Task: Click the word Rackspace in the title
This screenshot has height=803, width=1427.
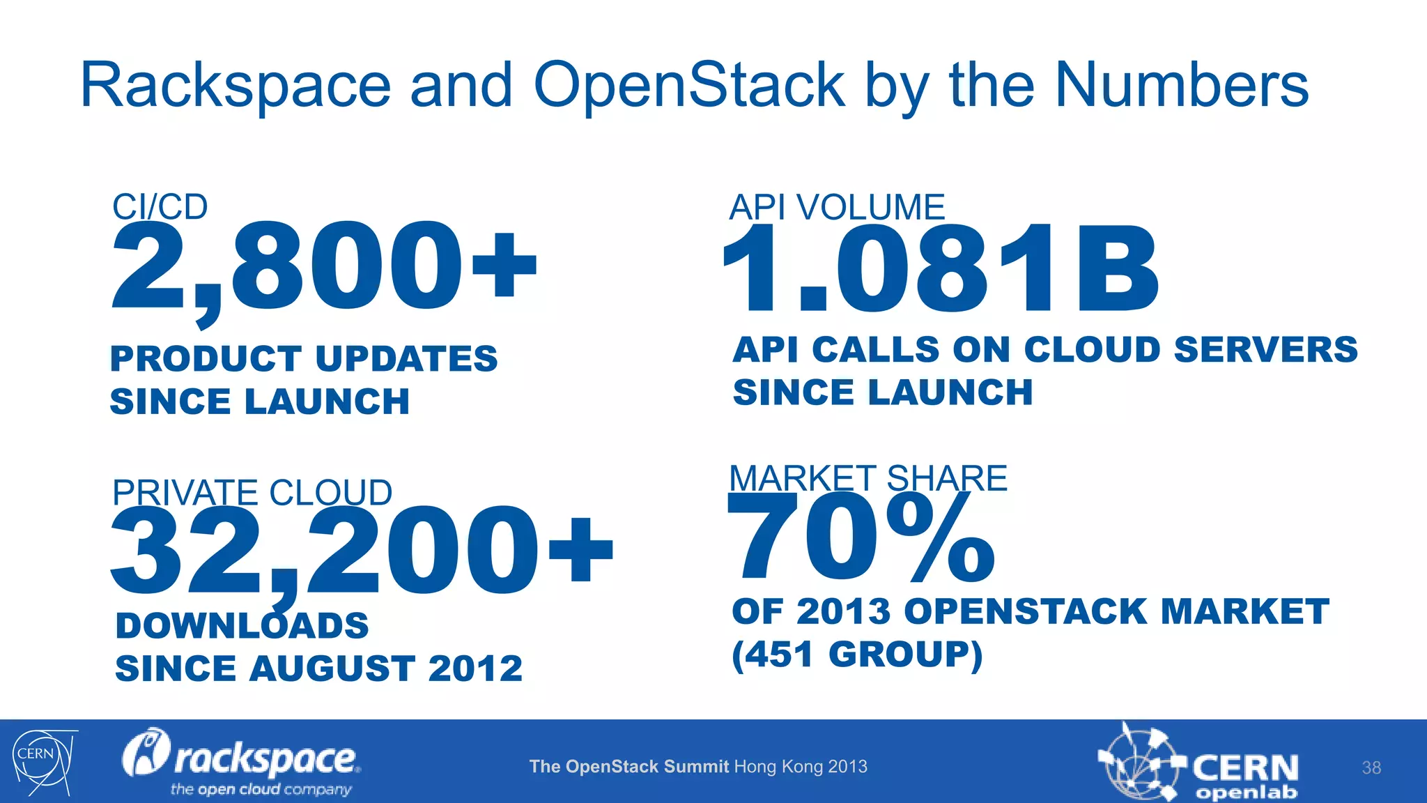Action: pos(236,86)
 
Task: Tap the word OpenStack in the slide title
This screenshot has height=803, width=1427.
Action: pos(689,86)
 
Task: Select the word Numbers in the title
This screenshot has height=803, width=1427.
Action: pos(1182,86)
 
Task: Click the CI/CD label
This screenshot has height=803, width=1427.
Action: pos(160,206)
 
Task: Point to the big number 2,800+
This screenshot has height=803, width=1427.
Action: pos(323,268)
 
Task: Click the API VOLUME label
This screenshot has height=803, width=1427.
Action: pos(836,207)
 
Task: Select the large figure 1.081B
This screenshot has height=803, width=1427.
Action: pos(941,268)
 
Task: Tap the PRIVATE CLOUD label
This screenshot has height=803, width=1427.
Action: pos(252,492)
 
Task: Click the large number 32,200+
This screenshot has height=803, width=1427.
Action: pos(361,551)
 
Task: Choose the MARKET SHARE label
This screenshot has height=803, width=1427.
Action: pos(867,478)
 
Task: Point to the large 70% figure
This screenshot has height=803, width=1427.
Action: pos(861,540)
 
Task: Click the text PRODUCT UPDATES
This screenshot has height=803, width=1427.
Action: pos(304,359)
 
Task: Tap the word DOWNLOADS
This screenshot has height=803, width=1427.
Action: pos(242,625)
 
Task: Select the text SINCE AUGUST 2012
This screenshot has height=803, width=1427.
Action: pos(318,668)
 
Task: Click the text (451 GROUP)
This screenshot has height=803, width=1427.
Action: pos(857,655)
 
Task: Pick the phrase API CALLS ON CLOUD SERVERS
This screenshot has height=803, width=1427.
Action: pos(1044,349)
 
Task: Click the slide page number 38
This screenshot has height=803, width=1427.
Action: pos(1371,767)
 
